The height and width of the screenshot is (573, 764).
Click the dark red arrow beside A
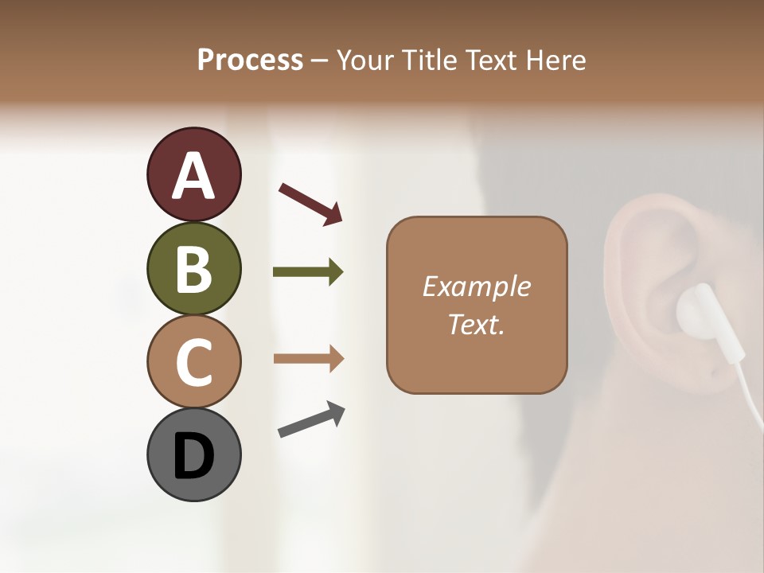310,202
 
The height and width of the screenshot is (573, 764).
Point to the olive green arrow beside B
308,272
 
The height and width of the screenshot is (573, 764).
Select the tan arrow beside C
308,358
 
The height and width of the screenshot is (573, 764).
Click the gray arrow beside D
311,419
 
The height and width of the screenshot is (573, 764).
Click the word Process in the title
250,60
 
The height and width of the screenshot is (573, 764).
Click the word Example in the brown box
476,286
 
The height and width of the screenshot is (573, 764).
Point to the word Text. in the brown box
476,325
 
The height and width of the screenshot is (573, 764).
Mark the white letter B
193,270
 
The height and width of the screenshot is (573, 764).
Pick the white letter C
193,363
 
